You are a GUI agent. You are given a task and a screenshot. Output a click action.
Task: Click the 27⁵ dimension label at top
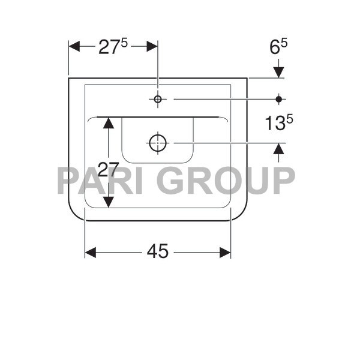tap(113, 47)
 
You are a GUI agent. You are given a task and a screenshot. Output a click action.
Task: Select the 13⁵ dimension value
tap(278, 123)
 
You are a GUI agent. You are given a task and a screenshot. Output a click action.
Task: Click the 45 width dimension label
tap(158, 253)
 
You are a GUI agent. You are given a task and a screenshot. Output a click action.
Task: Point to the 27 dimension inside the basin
tap(108, 170)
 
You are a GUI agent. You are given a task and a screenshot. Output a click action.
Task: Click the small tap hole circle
tap(157, 99)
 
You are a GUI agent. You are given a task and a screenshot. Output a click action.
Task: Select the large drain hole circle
tap(157, 143)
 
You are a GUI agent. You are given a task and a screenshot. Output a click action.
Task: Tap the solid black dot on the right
tap(279, 99)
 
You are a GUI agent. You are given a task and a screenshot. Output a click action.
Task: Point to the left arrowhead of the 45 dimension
tap(91, 253)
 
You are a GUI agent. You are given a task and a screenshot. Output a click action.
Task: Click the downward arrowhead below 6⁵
tap(279, 73)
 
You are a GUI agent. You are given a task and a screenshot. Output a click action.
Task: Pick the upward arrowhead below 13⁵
tap(279, 149)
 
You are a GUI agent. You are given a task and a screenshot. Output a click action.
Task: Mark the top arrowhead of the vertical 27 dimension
tap(108, 122)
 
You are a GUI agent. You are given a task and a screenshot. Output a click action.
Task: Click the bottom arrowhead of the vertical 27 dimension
tap(108, 202)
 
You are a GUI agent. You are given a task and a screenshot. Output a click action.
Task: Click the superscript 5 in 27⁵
tap(124, 43)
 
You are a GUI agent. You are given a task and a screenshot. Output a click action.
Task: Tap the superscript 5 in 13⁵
tap(290, 118)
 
